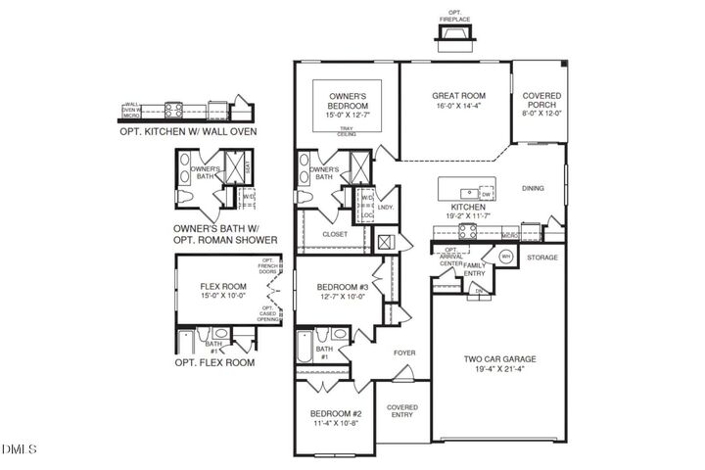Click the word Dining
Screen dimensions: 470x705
pyautogui.click(x=533, y=189)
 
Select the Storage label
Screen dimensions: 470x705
pyautogui.click(x=541, y=258)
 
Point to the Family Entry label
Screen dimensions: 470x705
pyautogui.click(x=475, y=269)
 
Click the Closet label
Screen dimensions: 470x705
pyautogui.click(x=335, y=235)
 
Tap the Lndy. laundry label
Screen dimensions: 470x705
pyautogui.click(x=385, y=207)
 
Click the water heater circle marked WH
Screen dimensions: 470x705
pyautogui.click(x=506, y=256)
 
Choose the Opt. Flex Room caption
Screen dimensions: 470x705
pyautogui.click(x=214, y=362)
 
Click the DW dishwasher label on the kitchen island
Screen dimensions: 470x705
pyautogui.click(x=486, y=194)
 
